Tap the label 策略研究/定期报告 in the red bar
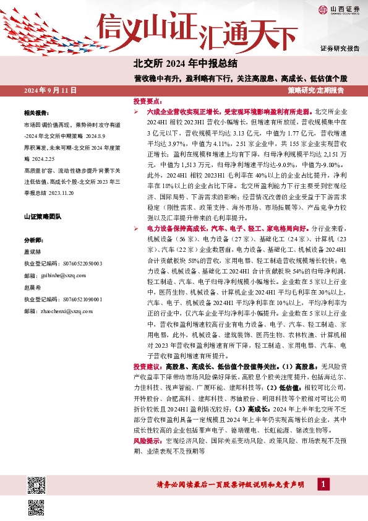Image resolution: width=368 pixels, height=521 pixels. coord(316,90)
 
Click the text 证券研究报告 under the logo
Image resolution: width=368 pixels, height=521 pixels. coord(340,48)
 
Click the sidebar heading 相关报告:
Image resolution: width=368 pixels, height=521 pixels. coord(36,113)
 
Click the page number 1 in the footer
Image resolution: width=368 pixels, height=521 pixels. coord(322,483)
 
